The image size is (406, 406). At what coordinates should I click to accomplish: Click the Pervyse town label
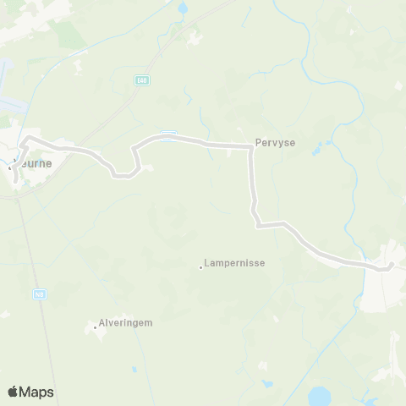pyautogui.click(x=275, y=144)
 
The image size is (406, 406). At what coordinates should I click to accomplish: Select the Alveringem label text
pyautogui.click(x=129, y=322)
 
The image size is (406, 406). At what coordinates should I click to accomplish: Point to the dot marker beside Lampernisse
pyautogui.click(x=200, y=268)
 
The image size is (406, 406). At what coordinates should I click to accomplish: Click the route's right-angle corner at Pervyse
pyautogui.click(x=250, y=147)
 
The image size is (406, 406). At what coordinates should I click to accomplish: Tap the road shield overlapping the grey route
pyautogui.click(x=169, y=133)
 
